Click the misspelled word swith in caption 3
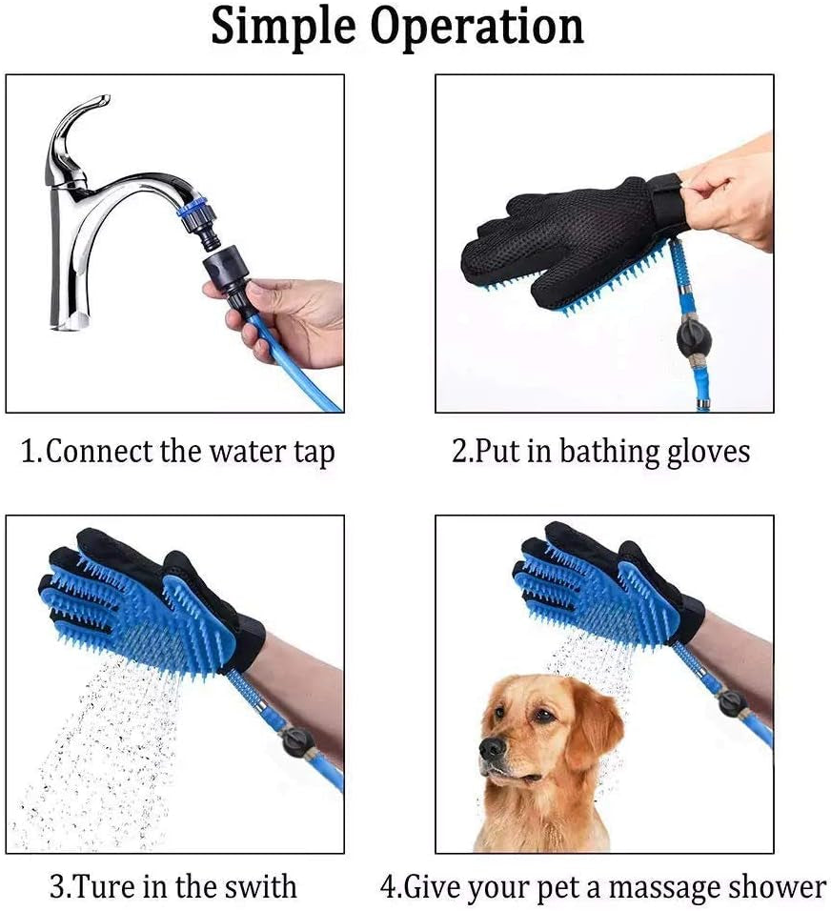[x=261, y=887]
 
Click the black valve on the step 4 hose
[x=732, y=704]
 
